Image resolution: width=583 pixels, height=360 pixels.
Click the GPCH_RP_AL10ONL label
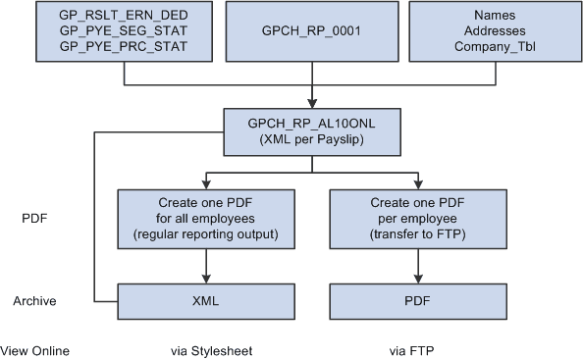point(312,124)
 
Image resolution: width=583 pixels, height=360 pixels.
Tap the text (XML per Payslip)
point(312,139)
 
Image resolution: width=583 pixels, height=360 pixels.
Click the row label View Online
point(35,350)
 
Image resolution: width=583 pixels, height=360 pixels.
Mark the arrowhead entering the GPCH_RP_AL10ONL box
point(312,103)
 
